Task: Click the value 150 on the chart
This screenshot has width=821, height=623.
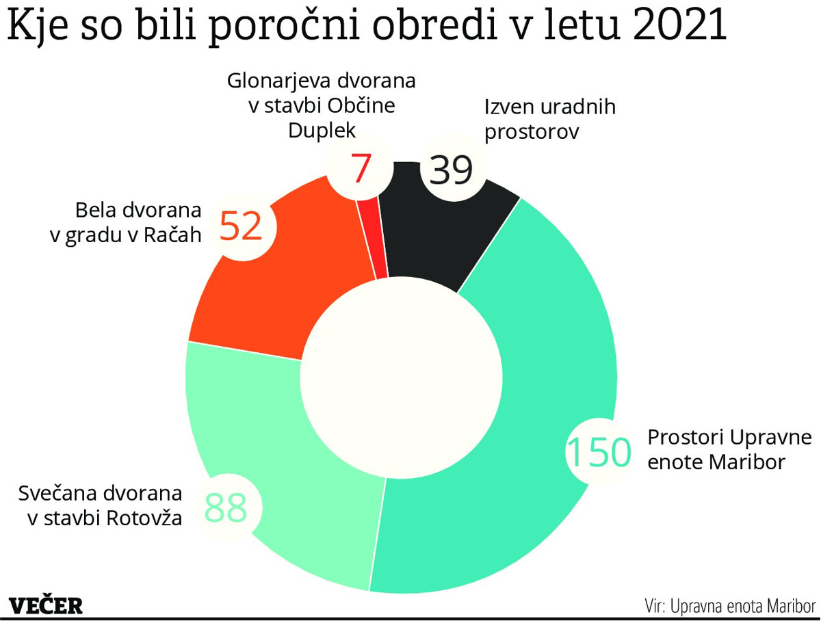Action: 598,451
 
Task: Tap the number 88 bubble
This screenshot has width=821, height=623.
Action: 225,507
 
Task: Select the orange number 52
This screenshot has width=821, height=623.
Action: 242,226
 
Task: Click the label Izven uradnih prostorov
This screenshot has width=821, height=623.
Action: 549,118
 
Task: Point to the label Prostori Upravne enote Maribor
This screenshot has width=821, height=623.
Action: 729,449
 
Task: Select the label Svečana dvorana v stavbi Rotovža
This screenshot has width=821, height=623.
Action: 101,505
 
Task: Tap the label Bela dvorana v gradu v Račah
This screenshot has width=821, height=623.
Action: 127,222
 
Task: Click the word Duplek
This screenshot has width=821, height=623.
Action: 322,130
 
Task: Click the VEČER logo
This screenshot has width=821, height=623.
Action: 47,605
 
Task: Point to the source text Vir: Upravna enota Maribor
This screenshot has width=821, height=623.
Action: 730,606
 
